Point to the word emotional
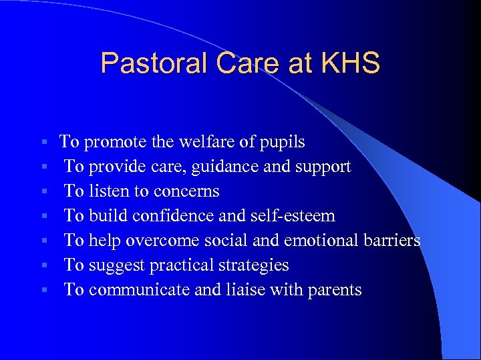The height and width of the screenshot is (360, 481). tap(323, 241)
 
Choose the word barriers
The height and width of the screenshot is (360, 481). tap(393, 241)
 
